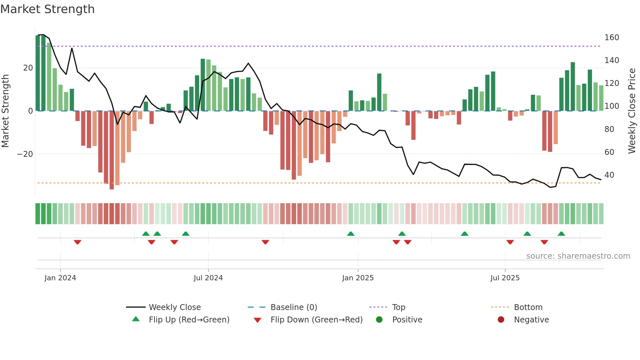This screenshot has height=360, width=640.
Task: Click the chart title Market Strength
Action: tap(47, 9)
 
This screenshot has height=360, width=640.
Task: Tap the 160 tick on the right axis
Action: tap(611, 38)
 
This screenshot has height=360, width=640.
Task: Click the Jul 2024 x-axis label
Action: tap(208, 278)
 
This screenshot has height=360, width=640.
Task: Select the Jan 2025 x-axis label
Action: tap(358, 278)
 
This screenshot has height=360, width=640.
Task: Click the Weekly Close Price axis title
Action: tap(632, 111)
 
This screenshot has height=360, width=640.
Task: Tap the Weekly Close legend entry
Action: tap(174, 307)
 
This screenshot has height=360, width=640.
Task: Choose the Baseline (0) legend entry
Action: tap(294, 307)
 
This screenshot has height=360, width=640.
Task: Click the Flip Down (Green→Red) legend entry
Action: tap(316, 320)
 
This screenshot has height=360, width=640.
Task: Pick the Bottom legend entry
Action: tap(528, 307)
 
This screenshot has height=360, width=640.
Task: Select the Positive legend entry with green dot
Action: tap(407, 320)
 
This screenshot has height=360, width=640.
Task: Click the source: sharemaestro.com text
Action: tap(578, 256)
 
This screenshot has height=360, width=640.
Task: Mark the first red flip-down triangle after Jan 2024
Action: tap(77, 242)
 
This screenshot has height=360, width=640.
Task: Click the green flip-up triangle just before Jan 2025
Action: tap(351, 234)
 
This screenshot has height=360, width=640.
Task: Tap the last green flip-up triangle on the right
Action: tap(561, 234)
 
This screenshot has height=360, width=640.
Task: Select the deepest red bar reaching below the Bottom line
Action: tap(112, 150)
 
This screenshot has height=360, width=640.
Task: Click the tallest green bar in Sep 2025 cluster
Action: tap(573, 87)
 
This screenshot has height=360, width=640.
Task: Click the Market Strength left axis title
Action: tap(5, 111)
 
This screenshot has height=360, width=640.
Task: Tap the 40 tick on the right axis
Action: tap(609, 175)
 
